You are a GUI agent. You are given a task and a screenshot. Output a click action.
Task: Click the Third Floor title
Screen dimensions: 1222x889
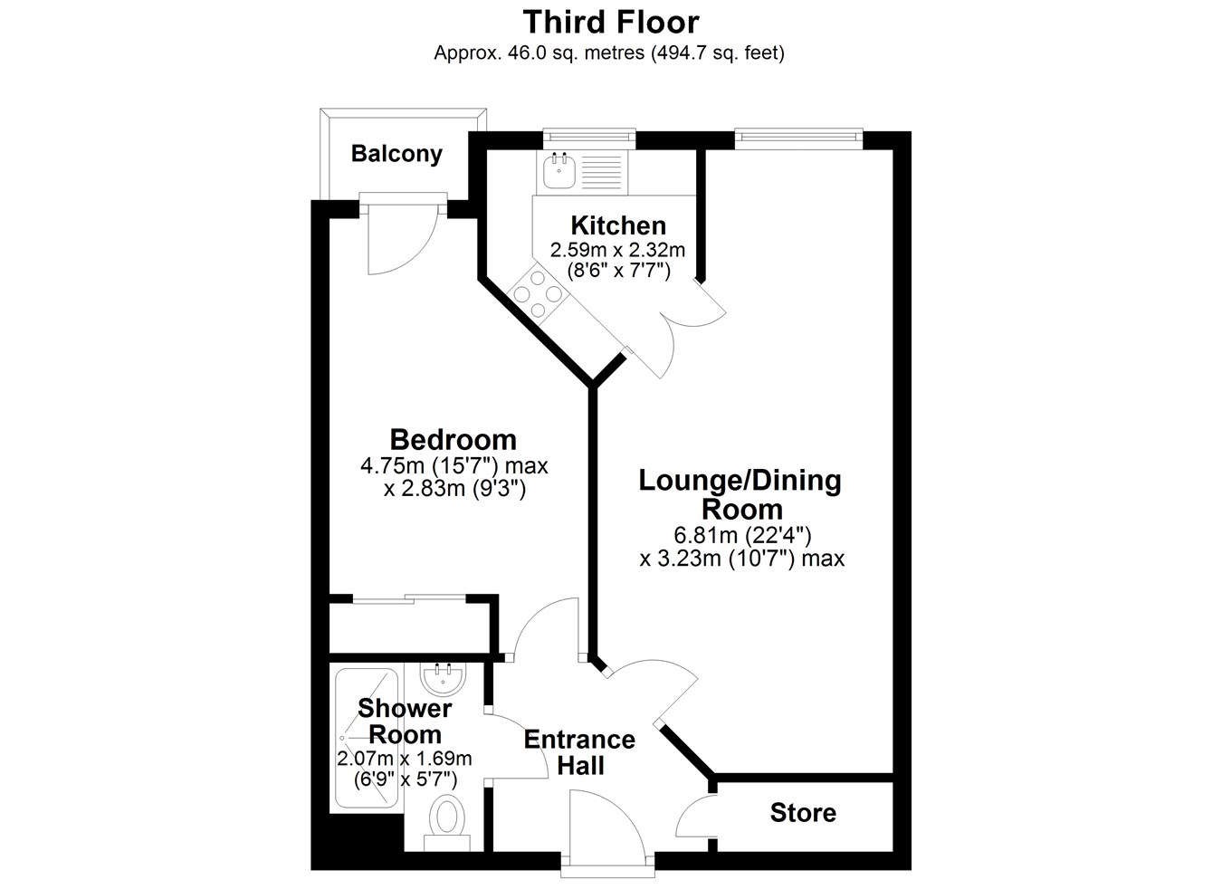pyautogui.click(x=611, y=23)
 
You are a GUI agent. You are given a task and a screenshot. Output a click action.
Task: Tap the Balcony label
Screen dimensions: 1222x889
pyautogui.click(x=396, y=153)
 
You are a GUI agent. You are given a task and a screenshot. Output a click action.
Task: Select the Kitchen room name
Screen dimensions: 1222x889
pyautogui.click(x=618, y=225)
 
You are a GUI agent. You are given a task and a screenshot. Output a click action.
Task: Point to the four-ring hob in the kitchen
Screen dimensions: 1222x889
pyautogui.click(x=538, y=294)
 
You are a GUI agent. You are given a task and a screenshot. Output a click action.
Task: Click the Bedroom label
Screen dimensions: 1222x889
pyautogui.click(x=453, y=439)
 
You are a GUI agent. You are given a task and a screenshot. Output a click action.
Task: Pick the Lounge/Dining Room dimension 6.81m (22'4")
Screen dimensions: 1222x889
pyautogui.click(x=742, y=535)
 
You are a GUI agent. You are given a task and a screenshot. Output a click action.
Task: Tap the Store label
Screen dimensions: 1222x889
pyautogui.click(x=803, y=813)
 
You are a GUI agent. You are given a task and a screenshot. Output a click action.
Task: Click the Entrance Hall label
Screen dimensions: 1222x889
pyautogui.click(x=579, y=752)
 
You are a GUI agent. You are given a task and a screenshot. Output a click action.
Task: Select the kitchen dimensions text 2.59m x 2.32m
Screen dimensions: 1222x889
pyautogui.click(x=617, y=250)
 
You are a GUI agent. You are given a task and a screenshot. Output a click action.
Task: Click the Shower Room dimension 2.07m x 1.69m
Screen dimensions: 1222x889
pyautogui.click(x=405, y=758)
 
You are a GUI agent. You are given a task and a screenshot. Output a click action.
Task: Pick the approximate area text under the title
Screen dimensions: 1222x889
pyautogui.click(x=609, y=53)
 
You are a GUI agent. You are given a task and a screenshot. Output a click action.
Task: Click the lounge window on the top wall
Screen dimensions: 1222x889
pyautogui.click(x=798, y=139)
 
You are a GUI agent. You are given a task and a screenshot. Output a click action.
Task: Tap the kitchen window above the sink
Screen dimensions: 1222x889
pyautogui.click(x=589, y=139)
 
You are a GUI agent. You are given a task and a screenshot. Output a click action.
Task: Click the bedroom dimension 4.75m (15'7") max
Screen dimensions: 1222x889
pyautogui.click(x=453, y=466)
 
